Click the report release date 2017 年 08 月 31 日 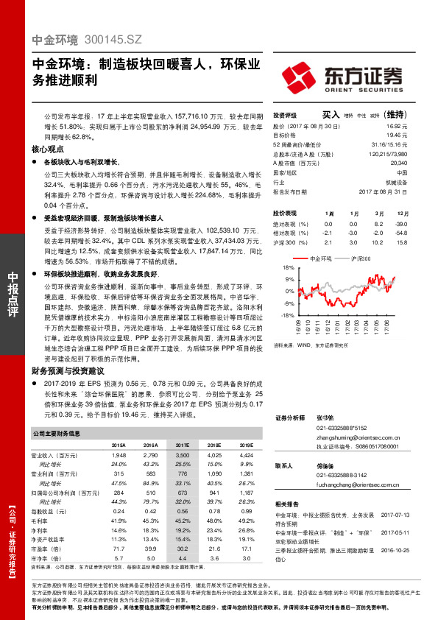pos(385,191)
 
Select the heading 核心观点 pos(49,148)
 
